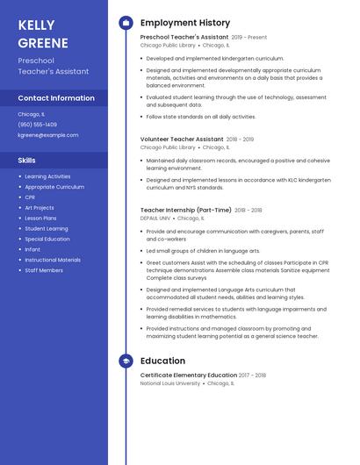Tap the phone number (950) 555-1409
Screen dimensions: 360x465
point(38,125)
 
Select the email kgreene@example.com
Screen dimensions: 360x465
point(48,135)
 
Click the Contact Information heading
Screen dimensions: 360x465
point(56,98)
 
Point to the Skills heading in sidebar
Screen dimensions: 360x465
point(27,161)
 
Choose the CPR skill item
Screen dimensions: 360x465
point(30,197)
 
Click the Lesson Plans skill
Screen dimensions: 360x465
point(40,218)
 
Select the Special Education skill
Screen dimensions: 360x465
point(47,239)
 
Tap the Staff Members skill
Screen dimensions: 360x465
point(44,270)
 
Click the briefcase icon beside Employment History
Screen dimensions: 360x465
point(126,23)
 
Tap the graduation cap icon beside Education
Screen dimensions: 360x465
point(126,361)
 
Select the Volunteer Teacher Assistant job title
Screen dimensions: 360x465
point(182,139)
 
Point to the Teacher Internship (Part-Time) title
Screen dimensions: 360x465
point(186,210)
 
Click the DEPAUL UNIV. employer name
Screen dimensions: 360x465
point(155,218)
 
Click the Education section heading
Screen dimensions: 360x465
point(162,361)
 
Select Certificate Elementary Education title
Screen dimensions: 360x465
point(188,375)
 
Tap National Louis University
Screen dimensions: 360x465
point(170,383)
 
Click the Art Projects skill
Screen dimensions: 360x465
point(40,208)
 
